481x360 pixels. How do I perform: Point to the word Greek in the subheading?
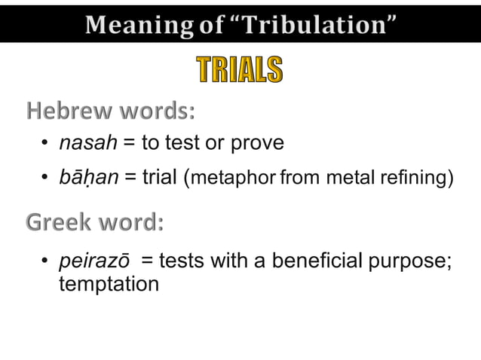(57, 224)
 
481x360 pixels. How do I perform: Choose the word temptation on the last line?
(109, 285)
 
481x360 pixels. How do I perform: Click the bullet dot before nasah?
(45, 144)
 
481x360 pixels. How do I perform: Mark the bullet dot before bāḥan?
(45, 178)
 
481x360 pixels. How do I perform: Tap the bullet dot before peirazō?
(45, 262)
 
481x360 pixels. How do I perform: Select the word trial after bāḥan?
(160, 178)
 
